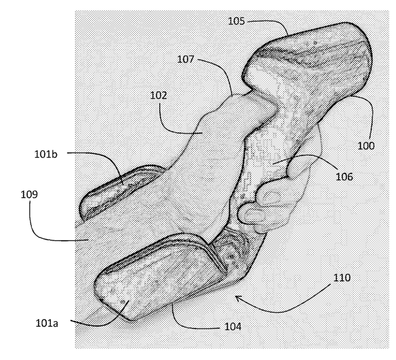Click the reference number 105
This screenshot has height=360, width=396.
pos(238,21)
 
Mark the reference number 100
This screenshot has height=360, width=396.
pos(366,146)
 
